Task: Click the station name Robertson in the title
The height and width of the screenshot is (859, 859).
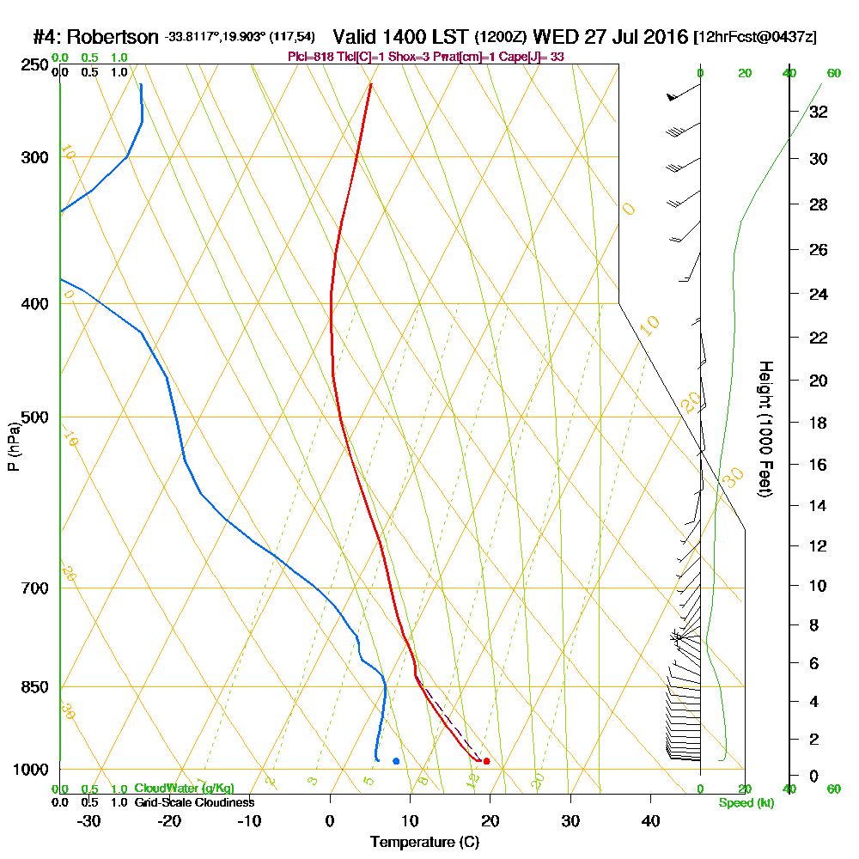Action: pyautogui.click(x=113, y=38)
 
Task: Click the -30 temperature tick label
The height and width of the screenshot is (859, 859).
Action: pyautogui.click(x=89, y=820)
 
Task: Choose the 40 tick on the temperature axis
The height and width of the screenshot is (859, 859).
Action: pyautogui.click(x=650, y=820)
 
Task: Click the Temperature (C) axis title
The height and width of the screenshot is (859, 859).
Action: pyautogui.click(x=424, y=843)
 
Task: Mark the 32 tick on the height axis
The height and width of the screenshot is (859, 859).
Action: pyautogui.click(x=818, y=111)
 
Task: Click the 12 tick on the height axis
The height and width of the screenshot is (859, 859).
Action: pyautogui.click(x=818, y=545)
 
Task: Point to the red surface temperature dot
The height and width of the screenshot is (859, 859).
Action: pyautogui.click(x=486, y=761)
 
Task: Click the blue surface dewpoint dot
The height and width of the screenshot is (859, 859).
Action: pyautogui.click(x=396, y=761)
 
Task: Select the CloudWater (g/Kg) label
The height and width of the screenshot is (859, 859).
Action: pyautogui.click(x=184, y=789)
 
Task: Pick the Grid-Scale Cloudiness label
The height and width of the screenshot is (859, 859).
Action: pyautogui.click(x=194, y=802)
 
